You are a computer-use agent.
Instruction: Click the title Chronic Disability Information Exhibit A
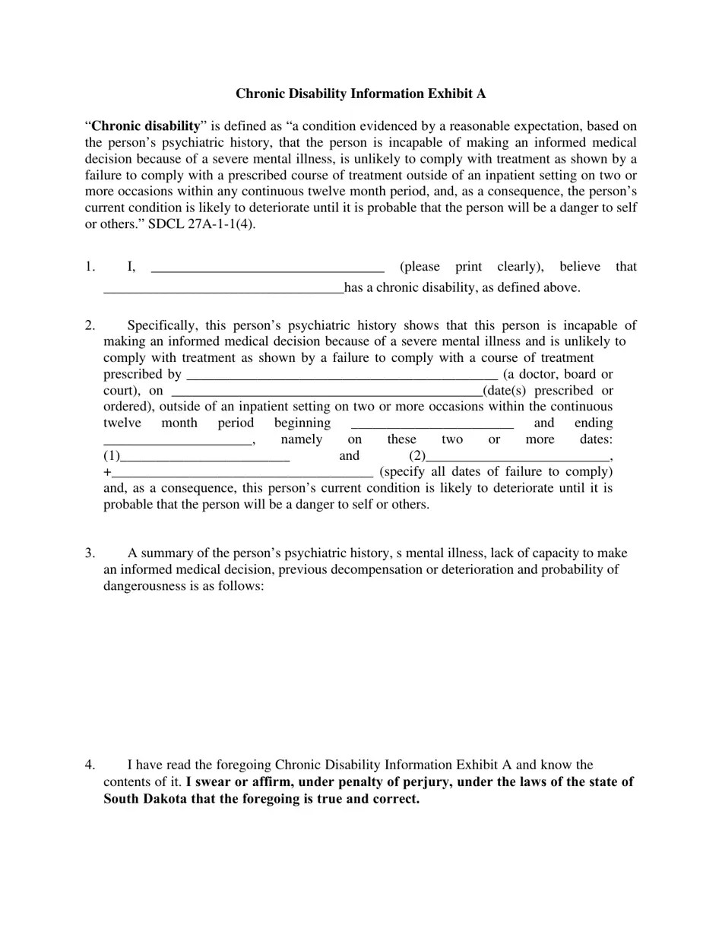[x=360, y=93]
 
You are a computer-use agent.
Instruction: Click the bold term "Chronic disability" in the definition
[x=146, y=126]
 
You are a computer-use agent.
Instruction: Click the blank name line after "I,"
[x=268, y=268]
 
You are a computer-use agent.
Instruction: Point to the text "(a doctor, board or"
[x=558, y=374]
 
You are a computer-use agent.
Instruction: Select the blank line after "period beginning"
[x=432, y=424]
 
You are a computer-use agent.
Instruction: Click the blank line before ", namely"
[x=177, y=441]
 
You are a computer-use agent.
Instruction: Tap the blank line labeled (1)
[x=204, y=458]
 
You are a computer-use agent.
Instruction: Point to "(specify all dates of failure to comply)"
[x=496, y=471]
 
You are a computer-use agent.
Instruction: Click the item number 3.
[x=90, y=553]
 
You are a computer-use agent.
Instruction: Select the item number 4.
[x=90, y=765]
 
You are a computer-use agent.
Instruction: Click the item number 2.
[x=90, y=325]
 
